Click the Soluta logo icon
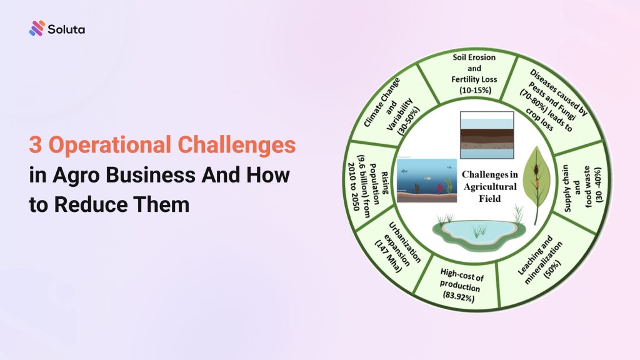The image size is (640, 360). pos(37,28)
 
